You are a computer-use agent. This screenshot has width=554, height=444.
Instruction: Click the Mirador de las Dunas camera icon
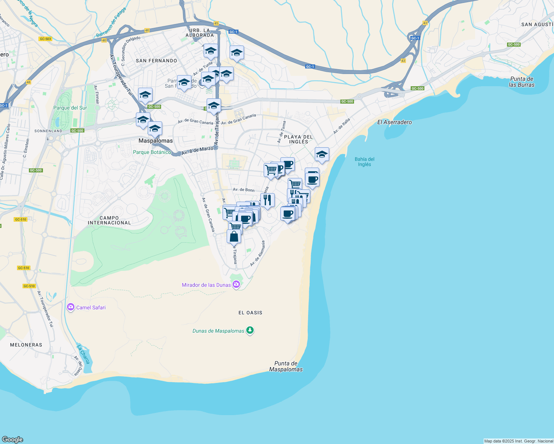[x=236, y=285]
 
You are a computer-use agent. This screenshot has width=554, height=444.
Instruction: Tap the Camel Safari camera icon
[x=71, y=307]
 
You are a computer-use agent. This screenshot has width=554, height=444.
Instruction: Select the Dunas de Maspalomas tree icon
[x=250, y=330]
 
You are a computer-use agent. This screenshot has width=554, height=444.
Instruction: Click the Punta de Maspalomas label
[x=286, y=366]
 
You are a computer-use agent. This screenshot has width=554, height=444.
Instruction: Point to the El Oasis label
[x=250, y=313]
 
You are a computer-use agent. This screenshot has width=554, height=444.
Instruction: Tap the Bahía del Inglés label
[x=364, y=162]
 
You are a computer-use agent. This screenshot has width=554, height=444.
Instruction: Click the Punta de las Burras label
[x=522, y=82]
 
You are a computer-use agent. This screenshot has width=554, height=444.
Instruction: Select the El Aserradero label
[x=394, y=122]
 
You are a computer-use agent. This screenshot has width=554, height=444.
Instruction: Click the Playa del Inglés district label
[x=298, y=139]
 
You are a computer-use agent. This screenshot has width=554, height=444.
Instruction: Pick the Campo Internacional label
[x=109, y=220]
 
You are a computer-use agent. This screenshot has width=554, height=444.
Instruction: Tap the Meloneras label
[x=26, y=345]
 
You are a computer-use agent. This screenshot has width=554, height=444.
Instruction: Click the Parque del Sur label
[x=70, y=108]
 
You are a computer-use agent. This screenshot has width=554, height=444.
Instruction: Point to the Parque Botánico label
[x=152, y=152]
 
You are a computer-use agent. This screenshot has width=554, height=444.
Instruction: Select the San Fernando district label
[x=157, y=61]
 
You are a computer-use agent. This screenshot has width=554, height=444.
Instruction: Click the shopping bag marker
[x=234, y=236]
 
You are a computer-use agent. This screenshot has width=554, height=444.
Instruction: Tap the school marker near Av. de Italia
[x=322, y=154]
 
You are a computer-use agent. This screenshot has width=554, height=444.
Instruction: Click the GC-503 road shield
[x=45, y=39]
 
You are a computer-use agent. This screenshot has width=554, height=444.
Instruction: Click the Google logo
[x=13, y=439]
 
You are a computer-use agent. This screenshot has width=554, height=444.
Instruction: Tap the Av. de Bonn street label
[x=244, y=190]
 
